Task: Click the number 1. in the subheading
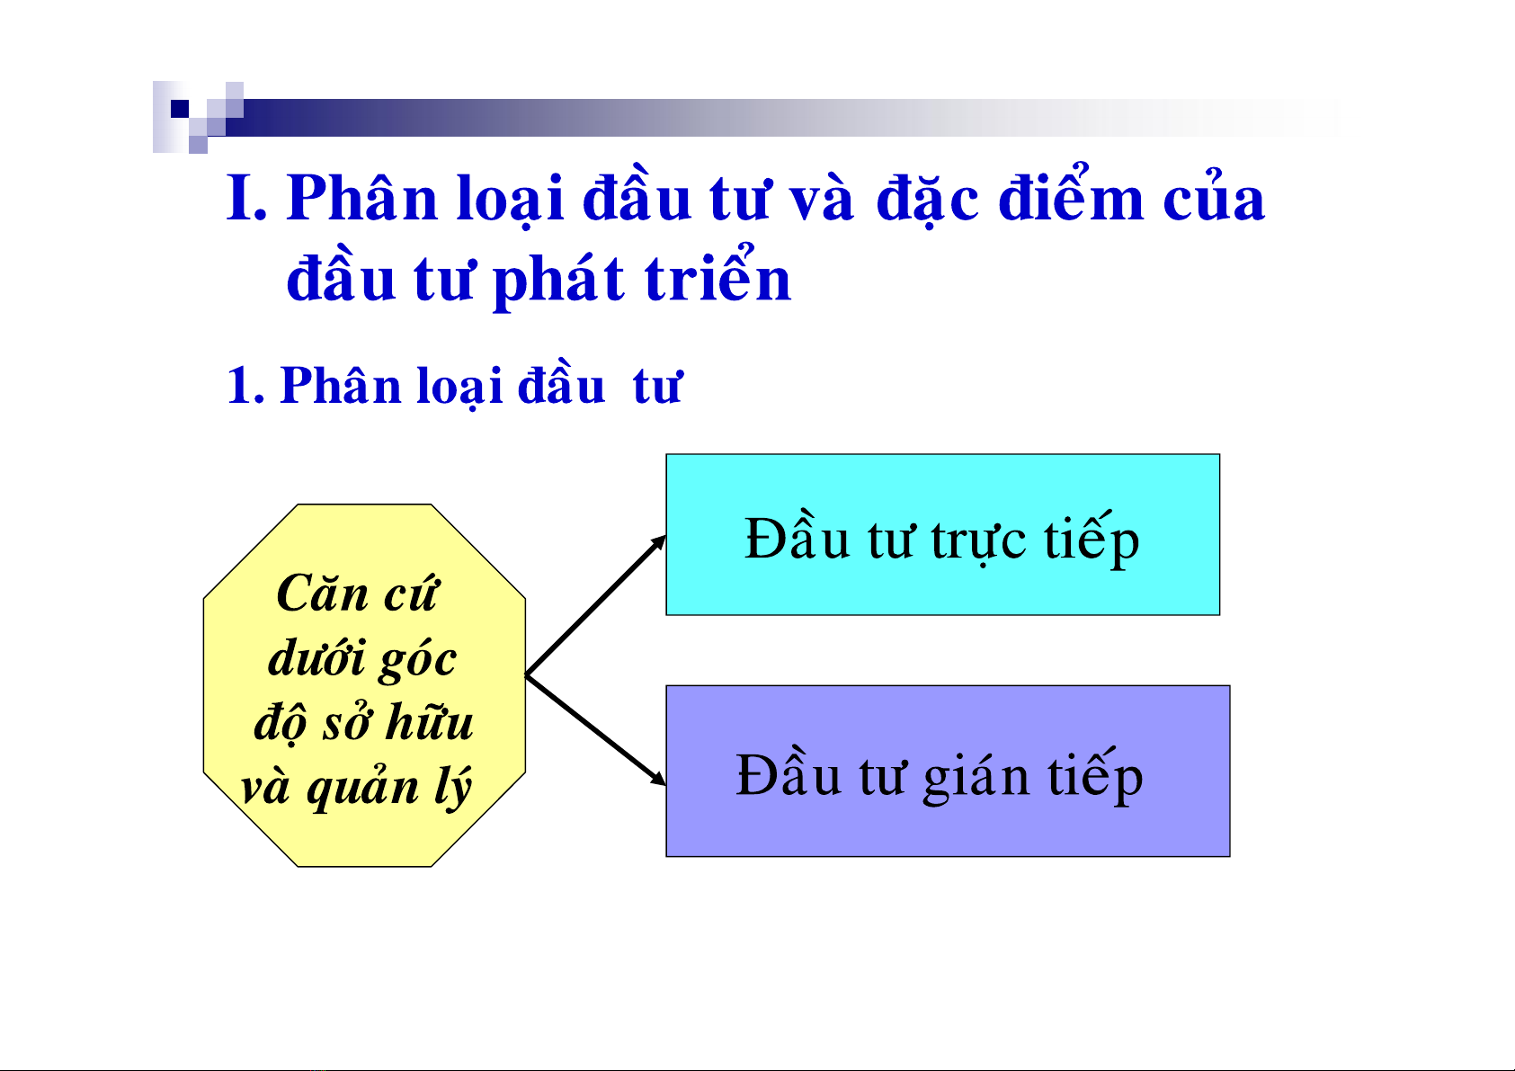(245, 386)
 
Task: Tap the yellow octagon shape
(364, 684)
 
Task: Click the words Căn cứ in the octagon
(358, 594)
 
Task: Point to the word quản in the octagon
(361, 788)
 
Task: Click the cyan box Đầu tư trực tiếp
(943, 534)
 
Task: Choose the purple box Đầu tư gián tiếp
(948, 771)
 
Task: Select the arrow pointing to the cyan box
(596, 605)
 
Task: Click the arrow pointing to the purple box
(596, 730)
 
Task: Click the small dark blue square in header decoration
(180, 108)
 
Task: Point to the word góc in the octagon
(417, 659)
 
